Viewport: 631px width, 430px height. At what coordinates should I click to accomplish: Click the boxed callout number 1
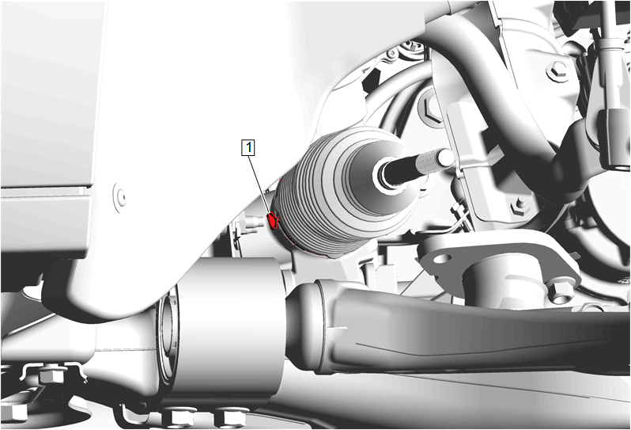point(248,147)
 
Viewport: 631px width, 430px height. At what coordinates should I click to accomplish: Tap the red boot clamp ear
point(274,220)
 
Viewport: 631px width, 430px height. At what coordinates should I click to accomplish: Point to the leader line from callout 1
point(260,185)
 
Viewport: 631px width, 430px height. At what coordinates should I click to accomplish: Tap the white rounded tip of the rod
point(446,157)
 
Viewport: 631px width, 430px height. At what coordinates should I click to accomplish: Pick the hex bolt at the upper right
point(557,71)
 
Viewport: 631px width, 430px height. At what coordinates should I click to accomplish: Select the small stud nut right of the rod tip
point(520,207)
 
